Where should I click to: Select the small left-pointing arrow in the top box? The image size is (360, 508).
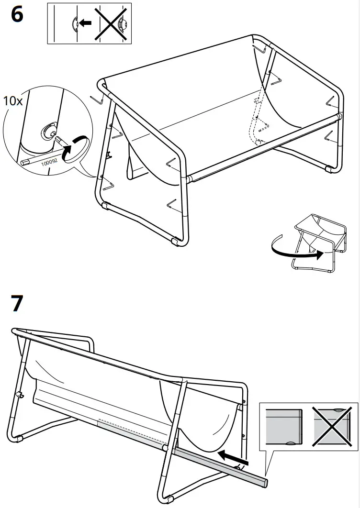86,22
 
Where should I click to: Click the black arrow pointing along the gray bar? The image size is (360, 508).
233,455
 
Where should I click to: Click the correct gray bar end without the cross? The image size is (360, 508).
284,425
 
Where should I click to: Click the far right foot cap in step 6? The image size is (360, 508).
329,168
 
